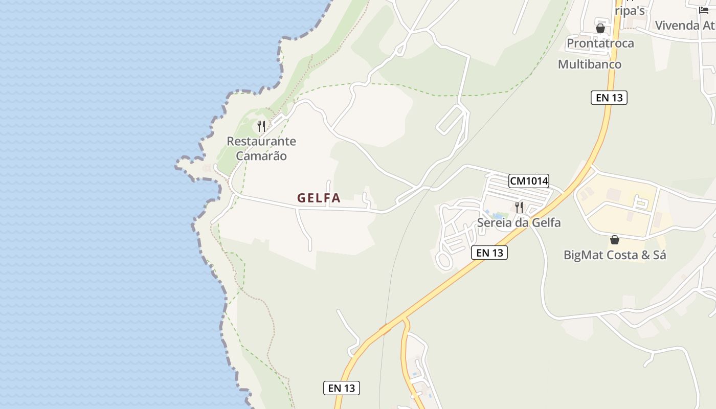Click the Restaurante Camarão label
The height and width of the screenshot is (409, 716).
[x=261, y=148]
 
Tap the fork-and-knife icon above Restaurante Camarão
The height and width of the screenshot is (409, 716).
[x=261, y=126]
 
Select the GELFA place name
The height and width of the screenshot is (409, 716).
[x=319, y=198]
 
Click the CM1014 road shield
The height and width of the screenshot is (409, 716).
[x=529, y=180]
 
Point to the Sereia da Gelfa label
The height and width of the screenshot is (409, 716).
[x=519, y=223]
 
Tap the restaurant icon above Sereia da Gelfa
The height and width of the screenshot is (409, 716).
[x=519, y=207]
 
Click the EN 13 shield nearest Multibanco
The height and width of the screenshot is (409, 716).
[x=609, y=98]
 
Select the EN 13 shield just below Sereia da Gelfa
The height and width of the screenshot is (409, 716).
[x=489, y=253]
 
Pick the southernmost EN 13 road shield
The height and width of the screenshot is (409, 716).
[x=342, y=388]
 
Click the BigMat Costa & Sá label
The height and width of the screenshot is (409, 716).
[x=615, y=255]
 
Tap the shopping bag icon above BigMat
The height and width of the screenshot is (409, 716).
[x=615, y=240]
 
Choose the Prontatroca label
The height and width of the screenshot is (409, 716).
[x=600, y=43]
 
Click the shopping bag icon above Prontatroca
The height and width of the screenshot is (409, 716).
[x=600, y=28]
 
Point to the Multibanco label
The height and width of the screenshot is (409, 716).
[x=590, y=64]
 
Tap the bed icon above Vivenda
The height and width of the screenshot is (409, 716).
[x=704, y=10]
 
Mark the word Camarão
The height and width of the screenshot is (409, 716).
[x=261, y=156]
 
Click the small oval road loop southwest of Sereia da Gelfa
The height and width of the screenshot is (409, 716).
[x=444, y=261]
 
